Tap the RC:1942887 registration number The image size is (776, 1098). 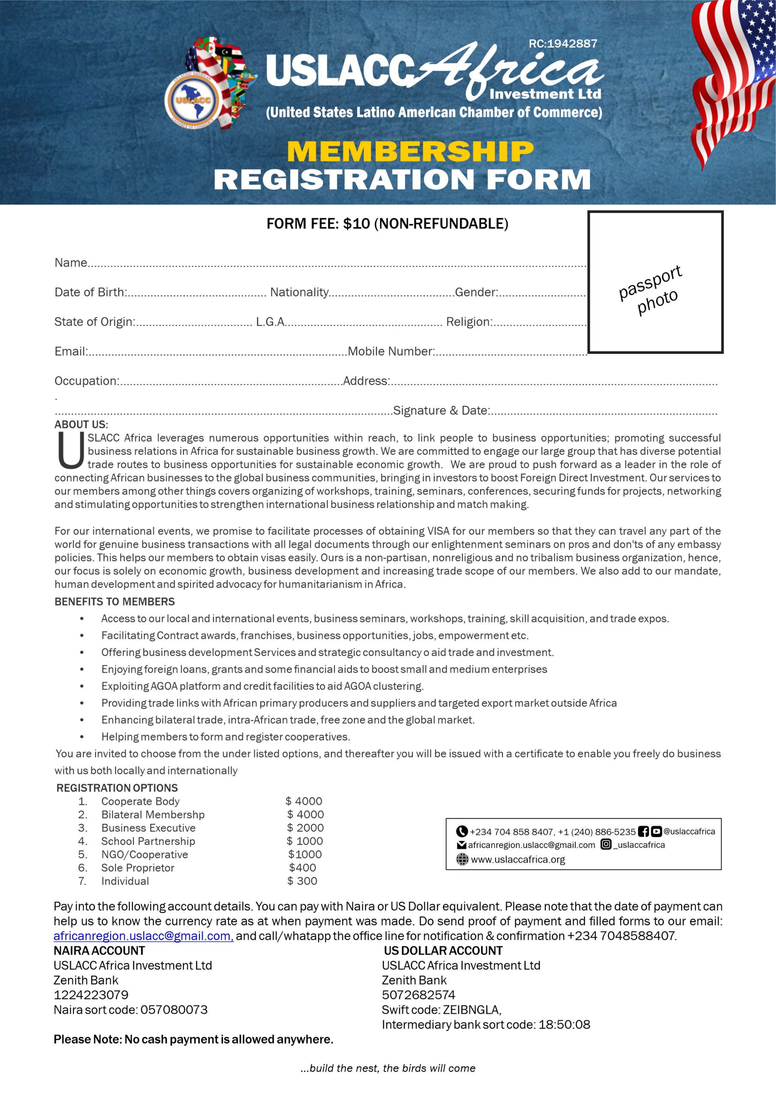[x=563, y=44]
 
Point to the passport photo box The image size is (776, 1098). [x=655, y=282]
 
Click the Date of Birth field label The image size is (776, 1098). [x=90, y=292]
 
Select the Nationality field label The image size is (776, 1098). [x=299, y=292]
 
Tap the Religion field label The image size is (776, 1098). [x=469, y=322]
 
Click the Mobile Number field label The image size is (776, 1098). [x=391, y=352]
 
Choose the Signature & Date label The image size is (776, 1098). [x=441, y=410]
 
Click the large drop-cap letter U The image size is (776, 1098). [x=71, y=450]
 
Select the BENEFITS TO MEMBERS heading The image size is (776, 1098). [x=115, y=602]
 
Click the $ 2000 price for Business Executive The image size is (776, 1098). [x=305, y=828]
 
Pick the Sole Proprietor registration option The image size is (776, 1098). [x=138, y=868]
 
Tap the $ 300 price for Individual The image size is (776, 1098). [x=302, y=881]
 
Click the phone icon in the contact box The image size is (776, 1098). [x=462, y=832]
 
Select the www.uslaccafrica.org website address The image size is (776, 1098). [x=518, y=860]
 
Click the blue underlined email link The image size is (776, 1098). [x=143, y=936]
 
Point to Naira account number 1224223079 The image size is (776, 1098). [x=91, y=995]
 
